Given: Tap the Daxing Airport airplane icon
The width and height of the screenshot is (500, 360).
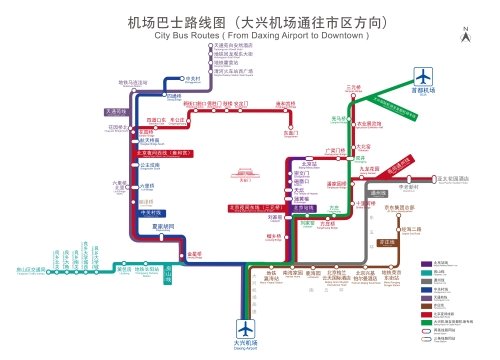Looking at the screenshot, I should tap(246, 327).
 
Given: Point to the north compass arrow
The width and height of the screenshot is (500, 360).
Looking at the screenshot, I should tap(466, 32).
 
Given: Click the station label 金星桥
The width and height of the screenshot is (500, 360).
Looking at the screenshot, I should tap(195, 253).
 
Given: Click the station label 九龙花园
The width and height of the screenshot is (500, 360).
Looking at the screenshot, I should tap(370, 168).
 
